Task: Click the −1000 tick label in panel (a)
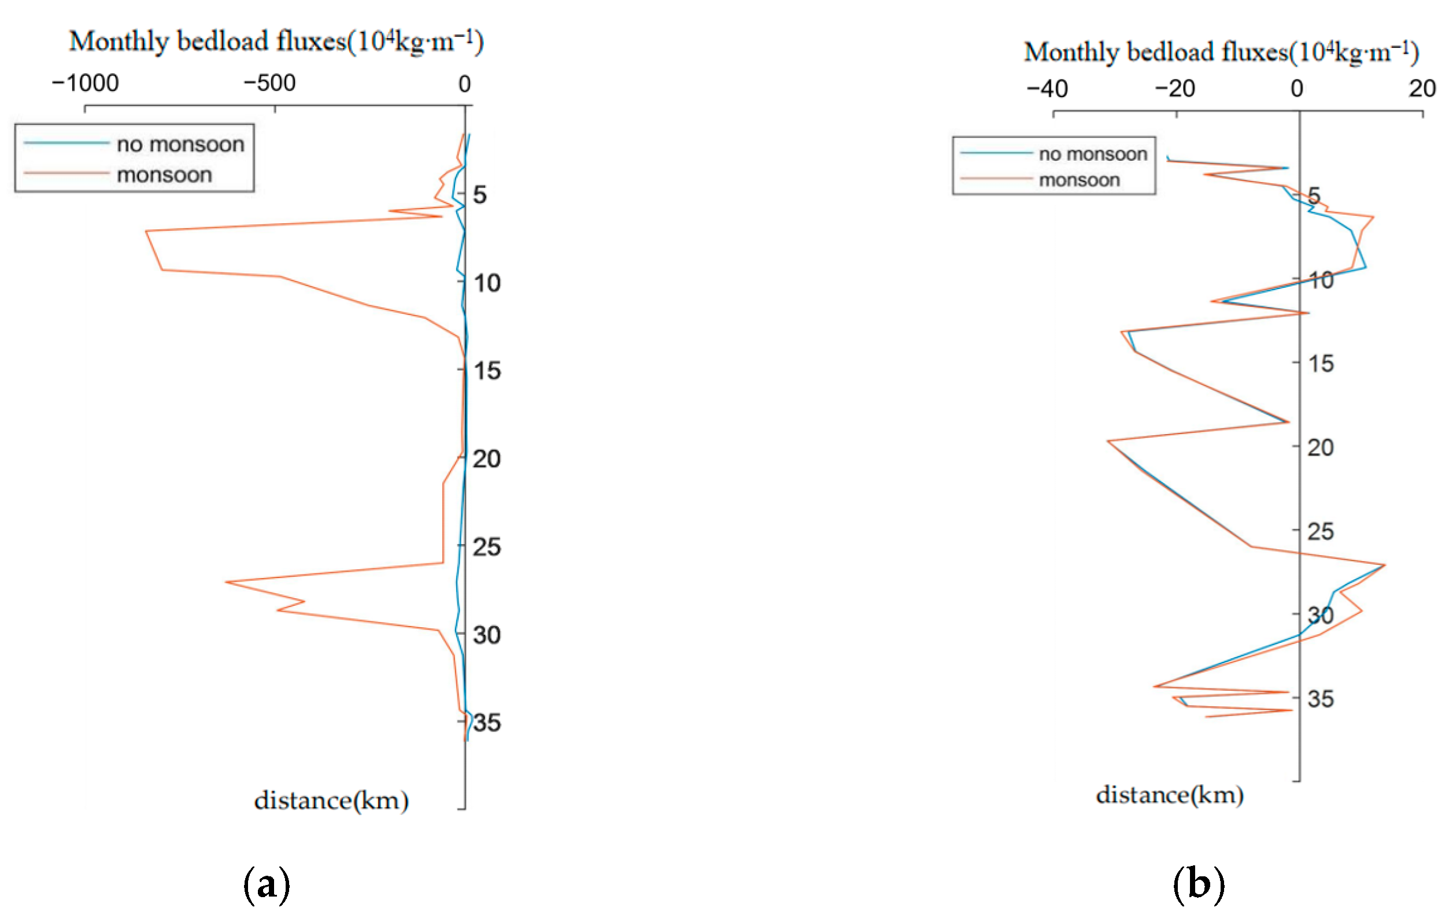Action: (86, 83)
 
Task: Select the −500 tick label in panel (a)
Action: (269, 83)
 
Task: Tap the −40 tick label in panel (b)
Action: (1047, 89)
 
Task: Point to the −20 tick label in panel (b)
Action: (1174, 89)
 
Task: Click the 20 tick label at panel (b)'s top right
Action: (1422, 89)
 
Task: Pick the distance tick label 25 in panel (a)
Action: (486, 547)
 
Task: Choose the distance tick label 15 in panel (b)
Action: (1320, 363)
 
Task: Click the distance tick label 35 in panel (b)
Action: (1320, 699)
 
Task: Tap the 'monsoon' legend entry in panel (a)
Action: (164, 175)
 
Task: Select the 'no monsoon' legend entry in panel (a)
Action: (180, 145)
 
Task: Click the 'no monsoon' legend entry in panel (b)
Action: (1093, 154)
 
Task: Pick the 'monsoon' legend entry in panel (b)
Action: (1079, 180)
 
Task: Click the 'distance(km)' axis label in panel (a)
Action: (331, 801)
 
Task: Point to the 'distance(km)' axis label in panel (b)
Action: (1169, 795)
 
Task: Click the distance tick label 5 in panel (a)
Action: (479, 195)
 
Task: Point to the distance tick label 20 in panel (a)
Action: (486, 459)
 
